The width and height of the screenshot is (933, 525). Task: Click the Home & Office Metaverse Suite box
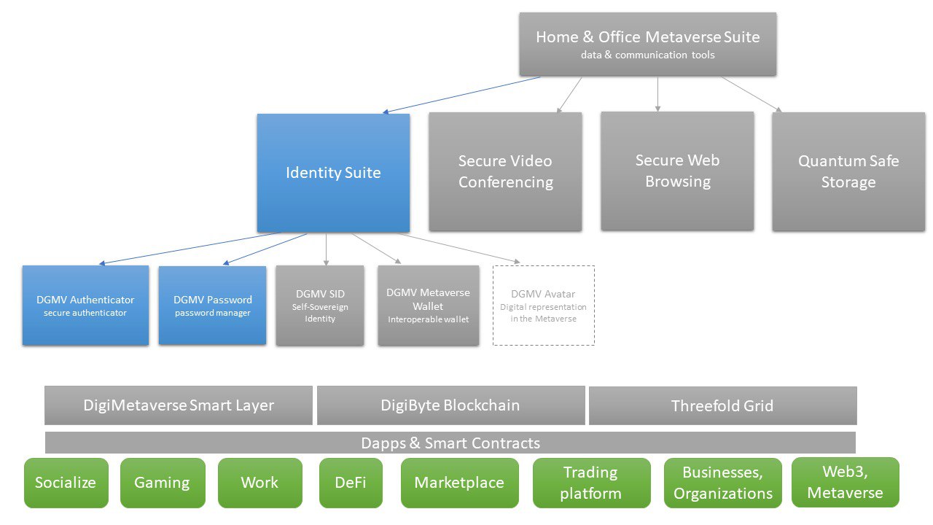tap(647, 44)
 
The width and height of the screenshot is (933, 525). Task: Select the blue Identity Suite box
tap(333, 173)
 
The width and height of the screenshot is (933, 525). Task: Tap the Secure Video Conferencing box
tap(505, 171)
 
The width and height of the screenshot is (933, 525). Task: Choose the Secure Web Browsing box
tap(677, 171)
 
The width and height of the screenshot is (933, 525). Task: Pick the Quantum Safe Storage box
tap(848, 171)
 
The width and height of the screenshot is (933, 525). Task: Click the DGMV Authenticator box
tap(85, 305)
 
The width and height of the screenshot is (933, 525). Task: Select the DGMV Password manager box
tap(212, 305)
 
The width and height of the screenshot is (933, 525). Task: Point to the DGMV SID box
tap(320, 305)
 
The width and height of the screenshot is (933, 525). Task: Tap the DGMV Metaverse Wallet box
tap(428, 305)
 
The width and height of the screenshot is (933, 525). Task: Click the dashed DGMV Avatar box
tap(543, 305)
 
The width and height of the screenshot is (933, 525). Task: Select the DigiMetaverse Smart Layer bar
tap(179, 405)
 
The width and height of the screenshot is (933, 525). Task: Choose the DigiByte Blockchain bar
tap(450, 405)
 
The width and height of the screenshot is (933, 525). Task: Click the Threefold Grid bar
tap(722, 405)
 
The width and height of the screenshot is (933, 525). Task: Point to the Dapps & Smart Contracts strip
tap(450, 443)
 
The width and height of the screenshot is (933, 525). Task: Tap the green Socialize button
tap(66, 483)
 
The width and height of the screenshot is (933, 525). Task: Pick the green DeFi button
tap(351, 483)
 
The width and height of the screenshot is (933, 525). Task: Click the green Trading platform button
tap(591, 483)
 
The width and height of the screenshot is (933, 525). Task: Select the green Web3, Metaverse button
tap(845, 482)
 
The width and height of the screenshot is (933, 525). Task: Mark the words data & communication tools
tap(647, 55)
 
